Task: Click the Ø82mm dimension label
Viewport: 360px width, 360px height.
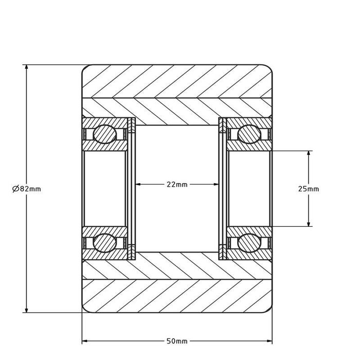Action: [27, 189]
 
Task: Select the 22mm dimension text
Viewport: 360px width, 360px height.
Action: [177, 184]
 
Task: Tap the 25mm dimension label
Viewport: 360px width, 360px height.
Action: [309, 189]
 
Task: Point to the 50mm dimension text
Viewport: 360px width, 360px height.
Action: [177, 341]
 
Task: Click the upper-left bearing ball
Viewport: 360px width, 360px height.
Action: [105, 134]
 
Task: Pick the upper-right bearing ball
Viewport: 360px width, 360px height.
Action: [249, 134]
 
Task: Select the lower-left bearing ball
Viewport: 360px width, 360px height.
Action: [105, 243]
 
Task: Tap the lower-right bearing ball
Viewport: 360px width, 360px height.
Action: [249, 243]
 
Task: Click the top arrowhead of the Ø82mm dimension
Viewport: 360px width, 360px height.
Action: [26, 67]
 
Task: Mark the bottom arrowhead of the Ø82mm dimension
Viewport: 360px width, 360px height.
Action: [26, 310]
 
